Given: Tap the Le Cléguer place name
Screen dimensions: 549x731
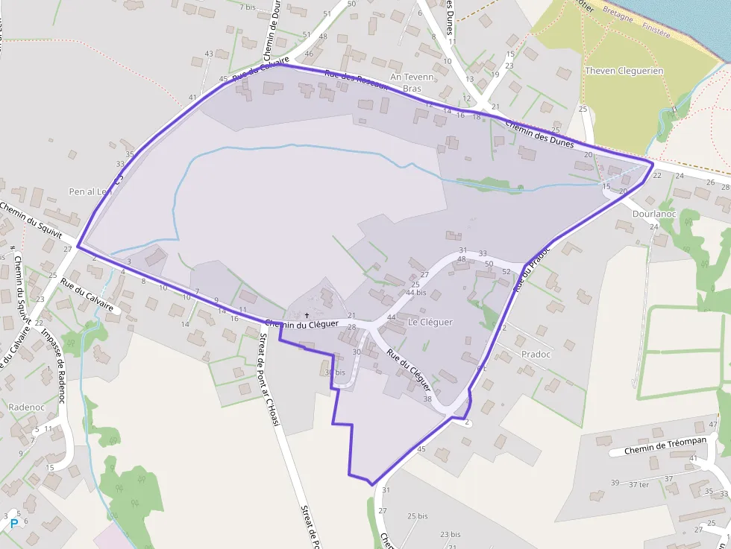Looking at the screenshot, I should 430,323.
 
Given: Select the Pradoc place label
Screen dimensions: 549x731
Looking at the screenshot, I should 536,355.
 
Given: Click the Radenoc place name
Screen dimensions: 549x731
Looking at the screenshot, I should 28,407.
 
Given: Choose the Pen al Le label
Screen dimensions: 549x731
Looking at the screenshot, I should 90,191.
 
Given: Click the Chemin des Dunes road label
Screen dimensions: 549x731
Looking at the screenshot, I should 539,134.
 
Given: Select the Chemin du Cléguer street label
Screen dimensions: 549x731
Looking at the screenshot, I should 301,324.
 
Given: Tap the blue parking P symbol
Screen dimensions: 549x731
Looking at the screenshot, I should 13,524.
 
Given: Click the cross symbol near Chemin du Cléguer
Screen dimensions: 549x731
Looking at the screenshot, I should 307,315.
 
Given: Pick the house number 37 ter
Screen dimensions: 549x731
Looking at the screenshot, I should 639,484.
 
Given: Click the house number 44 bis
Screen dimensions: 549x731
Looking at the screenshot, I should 415,293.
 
